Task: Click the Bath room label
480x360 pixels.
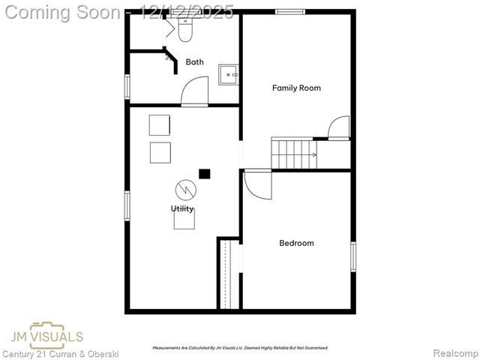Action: point(194,62)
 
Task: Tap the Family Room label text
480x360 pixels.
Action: point(295,88)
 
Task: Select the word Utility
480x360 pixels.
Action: point(182,208)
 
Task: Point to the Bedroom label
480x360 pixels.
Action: point(296,243)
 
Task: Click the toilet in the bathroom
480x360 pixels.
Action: point(185,28)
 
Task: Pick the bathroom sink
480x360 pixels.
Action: point(229,74)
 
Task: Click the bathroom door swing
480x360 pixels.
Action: point(193,93)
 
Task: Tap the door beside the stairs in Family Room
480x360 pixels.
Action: point(339,127)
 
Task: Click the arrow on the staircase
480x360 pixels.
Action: point(313,154)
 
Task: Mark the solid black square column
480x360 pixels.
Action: point(204,173)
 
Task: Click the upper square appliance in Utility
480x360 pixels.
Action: point(160,124)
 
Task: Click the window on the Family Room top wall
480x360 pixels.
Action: point(289,12)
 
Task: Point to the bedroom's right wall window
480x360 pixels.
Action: point(352,256)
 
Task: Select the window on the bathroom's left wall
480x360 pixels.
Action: point(127,85)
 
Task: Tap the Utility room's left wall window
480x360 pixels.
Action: point(127,205)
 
